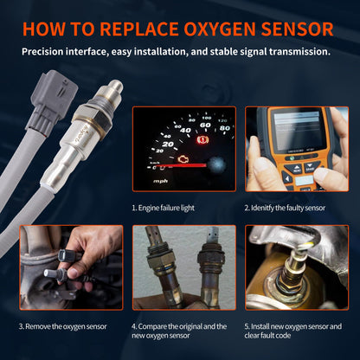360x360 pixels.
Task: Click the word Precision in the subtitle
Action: [48, 52]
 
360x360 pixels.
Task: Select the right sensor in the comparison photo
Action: [207, 267]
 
